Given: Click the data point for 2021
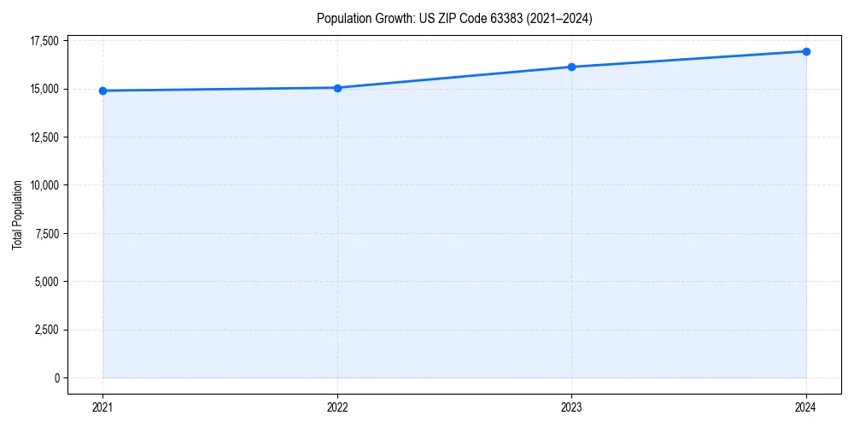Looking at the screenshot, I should point(102,91).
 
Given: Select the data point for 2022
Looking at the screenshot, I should point(337,88).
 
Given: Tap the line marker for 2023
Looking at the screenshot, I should point(571,67).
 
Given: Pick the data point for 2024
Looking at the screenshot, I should point(806,51).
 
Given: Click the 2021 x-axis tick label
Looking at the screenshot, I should point(102,407).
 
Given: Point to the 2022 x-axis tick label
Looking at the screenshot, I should point(337,407).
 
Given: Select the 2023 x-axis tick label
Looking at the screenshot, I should point(571,407).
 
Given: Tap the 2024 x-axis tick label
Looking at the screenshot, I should point(806,407).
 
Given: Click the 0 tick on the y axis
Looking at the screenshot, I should point(56,378).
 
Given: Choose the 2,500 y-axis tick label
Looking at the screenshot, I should point(46,330).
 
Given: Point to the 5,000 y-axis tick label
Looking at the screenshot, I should point(46,282).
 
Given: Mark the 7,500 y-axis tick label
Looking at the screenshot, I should point(46,233).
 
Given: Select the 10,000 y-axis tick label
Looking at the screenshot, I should point(44,185).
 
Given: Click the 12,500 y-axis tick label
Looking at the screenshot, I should point(44,137).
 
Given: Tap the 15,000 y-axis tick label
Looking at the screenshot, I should point(44,89).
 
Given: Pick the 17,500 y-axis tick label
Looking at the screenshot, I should point(44,41).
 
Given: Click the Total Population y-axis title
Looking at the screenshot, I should point(17,214).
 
